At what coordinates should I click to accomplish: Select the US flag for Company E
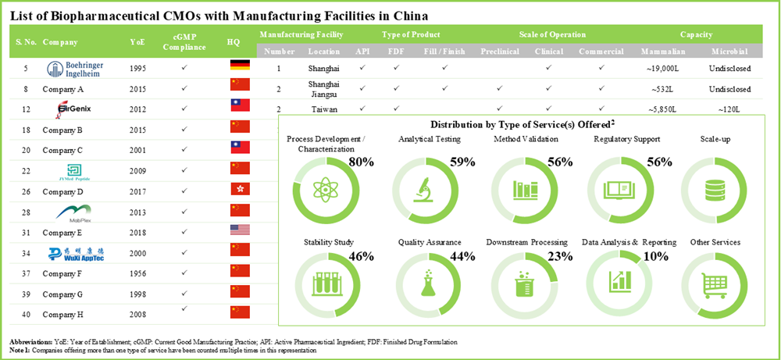tap(240, 230)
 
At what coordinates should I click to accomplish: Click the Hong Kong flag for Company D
tap(240, 190)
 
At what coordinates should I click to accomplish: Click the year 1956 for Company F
tap(137, 272)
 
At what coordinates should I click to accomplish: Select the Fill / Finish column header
tap(443, 52)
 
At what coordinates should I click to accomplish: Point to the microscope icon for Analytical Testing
tap(422, 189)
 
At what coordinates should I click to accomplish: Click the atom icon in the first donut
tap(323, 189)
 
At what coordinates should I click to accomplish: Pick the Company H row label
tap(62, 314)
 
